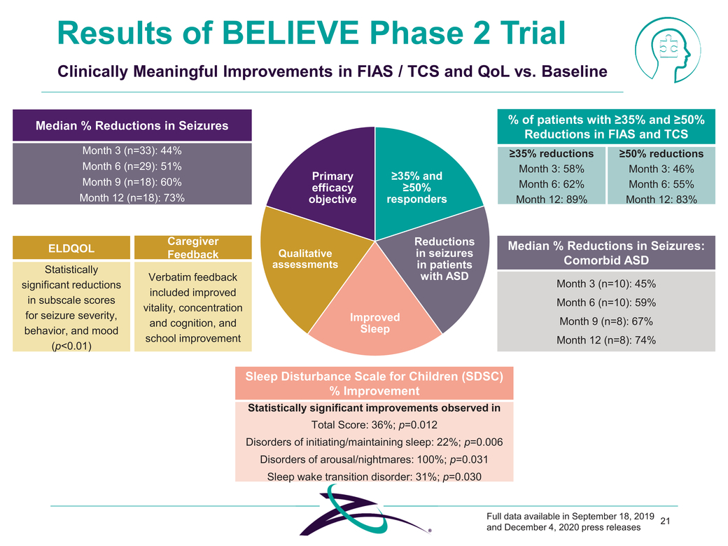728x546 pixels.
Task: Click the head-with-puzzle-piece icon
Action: (666, 48)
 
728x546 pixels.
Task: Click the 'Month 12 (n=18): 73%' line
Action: (132, 197)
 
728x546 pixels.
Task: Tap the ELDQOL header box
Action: (71, 247)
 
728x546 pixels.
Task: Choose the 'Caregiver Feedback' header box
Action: (193, 247)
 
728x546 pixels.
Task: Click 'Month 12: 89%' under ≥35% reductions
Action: (552, 199)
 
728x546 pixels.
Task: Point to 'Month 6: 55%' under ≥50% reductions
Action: (661, 185)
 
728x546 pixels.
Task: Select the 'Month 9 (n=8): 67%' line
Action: (606, 321)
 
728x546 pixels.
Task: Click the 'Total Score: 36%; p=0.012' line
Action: (374, 425)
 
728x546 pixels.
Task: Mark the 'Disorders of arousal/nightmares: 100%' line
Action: (374, 459)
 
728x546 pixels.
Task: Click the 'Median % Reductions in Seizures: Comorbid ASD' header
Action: (606, 253)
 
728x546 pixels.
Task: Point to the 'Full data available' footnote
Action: (570, 521)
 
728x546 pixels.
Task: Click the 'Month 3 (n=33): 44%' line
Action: (132, 151)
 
